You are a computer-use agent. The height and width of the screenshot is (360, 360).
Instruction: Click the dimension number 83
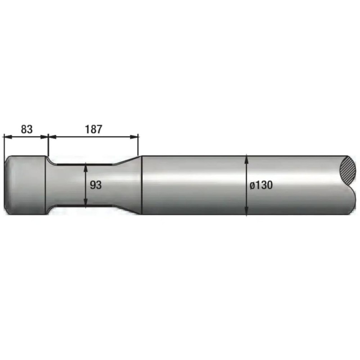27,129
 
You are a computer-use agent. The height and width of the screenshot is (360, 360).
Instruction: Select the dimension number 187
94,129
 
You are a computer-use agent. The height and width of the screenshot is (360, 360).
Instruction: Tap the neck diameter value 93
95,185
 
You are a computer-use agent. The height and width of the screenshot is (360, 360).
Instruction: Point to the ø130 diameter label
261,185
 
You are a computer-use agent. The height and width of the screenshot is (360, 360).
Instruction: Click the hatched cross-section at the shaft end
347,170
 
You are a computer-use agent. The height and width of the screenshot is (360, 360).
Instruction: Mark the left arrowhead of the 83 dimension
8,137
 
